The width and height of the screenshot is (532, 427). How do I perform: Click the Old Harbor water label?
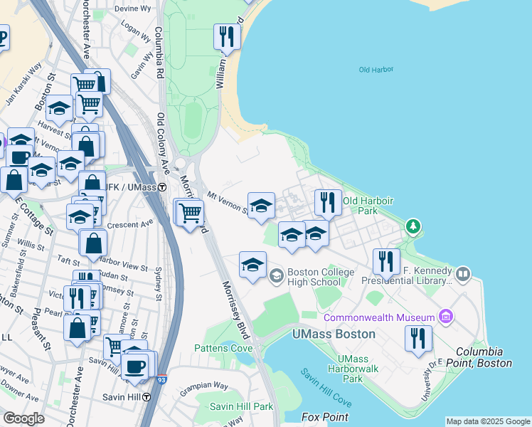click(x=376, y=70)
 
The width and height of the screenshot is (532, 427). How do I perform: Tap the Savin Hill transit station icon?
click(x=146, y=396)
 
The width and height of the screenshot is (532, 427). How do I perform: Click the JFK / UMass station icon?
click(x=162, y=187)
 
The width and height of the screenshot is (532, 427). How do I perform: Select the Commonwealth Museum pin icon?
click(x=446, y=316)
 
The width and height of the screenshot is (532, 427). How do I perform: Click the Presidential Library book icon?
click(x=463, y=273)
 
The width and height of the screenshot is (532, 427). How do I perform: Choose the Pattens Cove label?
click(x=223, y=348)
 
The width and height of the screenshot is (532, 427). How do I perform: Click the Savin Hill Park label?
click(x=241, y=406)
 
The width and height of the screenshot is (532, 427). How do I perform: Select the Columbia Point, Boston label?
click(x=484, y=357)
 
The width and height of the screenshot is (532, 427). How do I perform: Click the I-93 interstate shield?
click(x=162, y=381)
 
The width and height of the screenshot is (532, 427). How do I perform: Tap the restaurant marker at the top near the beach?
click(x=226, y=36)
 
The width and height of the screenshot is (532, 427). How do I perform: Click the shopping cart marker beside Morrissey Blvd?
click(x=190, y=212)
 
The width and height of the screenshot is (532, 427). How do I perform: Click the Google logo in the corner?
click(x=24, y=418)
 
